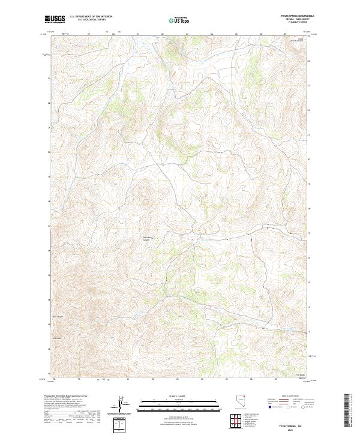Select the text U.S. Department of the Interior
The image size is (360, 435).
[91, 17]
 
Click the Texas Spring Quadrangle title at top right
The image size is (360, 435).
[301, 17]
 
